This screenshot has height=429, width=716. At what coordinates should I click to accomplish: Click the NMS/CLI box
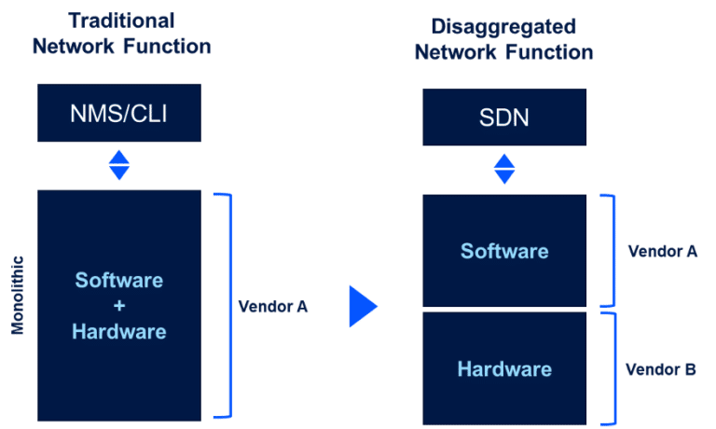[118, 113]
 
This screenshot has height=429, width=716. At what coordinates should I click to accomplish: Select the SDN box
[504, 117]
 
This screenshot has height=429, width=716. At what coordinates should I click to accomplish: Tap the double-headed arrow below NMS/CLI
[119, 166]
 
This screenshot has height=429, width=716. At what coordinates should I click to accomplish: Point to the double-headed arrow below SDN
[504, 170]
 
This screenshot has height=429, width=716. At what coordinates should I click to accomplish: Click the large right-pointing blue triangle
[362, 307]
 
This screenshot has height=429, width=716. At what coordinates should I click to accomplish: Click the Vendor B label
[660, 369]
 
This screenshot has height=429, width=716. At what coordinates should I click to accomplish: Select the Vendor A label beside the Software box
[662, 251]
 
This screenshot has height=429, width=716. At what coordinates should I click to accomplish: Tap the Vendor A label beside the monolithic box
[273, 306]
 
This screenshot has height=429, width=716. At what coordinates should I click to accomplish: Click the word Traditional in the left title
[121, 21]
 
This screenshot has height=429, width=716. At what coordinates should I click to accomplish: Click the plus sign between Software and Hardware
[119, 306]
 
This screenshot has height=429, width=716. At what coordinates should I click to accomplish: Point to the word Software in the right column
[504, 251]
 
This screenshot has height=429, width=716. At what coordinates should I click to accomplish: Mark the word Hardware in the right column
[504, 369]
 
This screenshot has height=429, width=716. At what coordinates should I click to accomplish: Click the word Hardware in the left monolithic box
[119, 331]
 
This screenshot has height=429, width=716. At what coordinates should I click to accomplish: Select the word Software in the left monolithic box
[119, 281]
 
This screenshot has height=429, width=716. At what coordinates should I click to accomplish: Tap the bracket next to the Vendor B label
[613, 367]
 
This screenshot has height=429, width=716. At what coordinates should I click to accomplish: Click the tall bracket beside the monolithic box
[227, 305]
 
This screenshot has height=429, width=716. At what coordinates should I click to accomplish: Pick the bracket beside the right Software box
[613, 250]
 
